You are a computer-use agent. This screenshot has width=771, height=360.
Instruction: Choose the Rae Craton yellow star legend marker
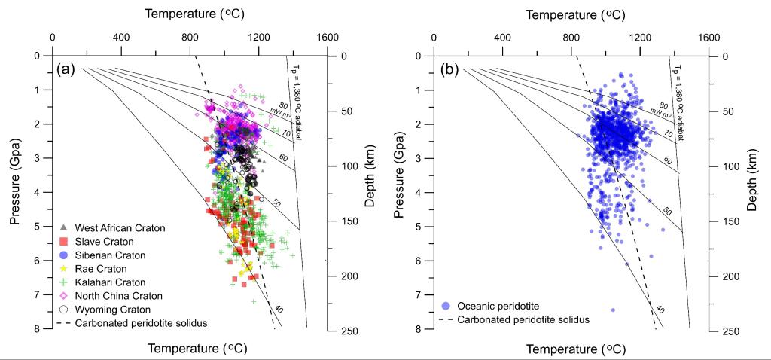tap(64, 268)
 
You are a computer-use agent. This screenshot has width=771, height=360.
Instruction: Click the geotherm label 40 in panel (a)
tap(279, 309)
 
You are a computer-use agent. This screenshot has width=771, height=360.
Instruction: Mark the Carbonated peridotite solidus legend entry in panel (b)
tap(512, 319)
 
